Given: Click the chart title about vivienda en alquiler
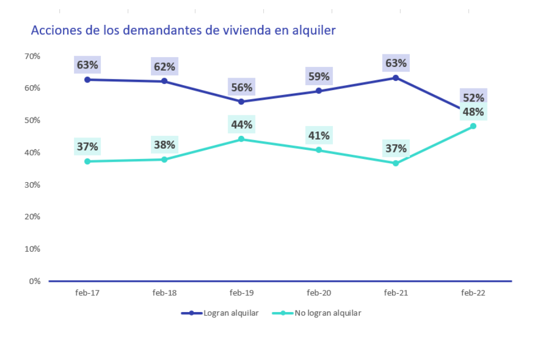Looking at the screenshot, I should [x=183, y=30].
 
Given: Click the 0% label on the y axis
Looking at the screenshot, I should [x=35, y=281].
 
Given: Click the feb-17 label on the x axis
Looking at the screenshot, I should [x=87, y=293].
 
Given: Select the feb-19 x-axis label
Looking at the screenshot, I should [x=242, y=293].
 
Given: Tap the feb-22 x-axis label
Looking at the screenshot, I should [x=473, y=293].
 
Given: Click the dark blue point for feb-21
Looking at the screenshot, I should [x=396, y=78].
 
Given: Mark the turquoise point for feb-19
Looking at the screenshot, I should [x=242, y=139].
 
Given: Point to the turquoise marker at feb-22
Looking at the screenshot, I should [x=473, y=126].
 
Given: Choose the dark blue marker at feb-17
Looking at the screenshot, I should [x=87, y=79].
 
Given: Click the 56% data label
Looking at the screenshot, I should [x=242, y=88].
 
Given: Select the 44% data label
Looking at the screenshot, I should [x=242, y=125].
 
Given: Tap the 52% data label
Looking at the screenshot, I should [x=473, y=98].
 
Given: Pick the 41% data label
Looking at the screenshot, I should [x=319, y=135].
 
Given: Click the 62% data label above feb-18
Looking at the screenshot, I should [x=165, y=67].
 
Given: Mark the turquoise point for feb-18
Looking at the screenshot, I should [x=165, y=160].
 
